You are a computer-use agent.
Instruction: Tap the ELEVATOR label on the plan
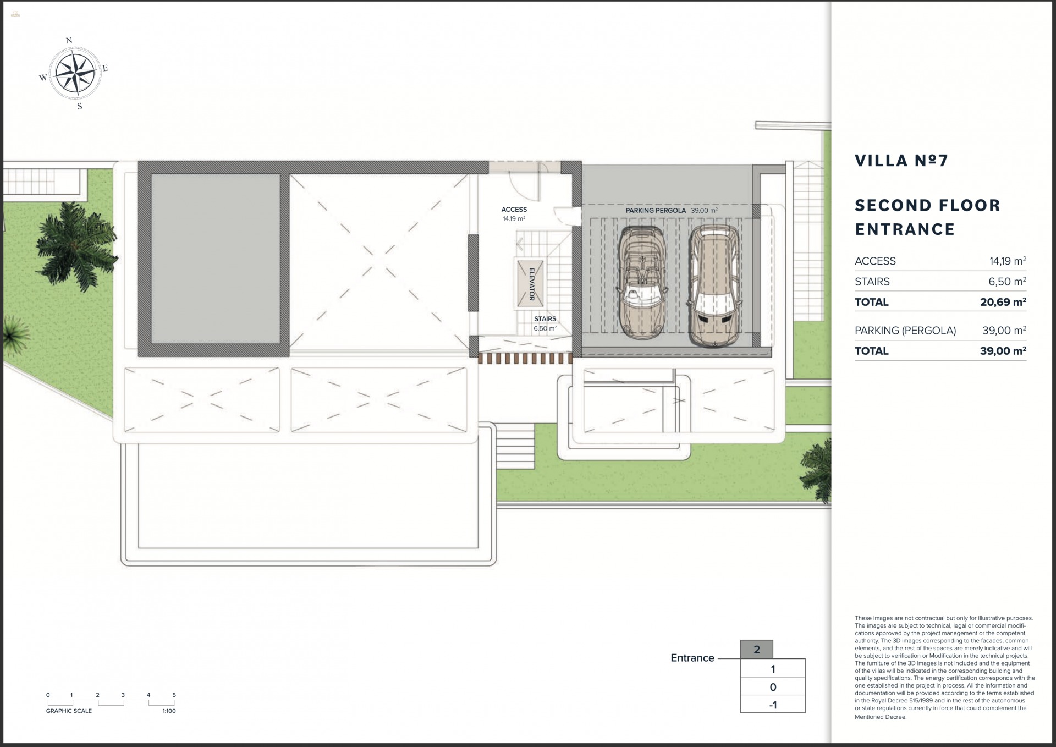(x=531, y=284)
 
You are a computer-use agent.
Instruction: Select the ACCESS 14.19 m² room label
(x=514, y=214)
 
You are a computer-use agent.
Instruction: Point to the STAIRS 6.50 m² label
(x=545, y=323)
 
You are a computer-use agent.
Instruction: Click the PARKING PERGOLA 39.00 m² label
(x=671, y=211)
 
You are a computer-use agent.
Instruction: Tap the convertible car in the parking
(x=642, y=282)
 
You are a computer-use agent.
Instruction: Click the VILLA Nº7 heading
(x=901, y=161)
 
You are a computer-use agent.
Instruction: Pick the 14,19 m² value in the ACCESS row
(x=1007, y=261)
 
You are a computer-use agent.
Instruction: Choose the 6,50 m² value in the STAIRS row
(x=1007, y=282)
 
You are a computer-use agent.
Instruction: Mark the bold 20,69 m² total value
(x=1003, y=302)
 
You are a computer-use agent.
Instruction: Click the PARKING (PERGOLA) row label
(x=905, y=331)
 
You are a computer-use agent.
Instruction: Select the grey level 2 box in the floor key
(x=756, y=650)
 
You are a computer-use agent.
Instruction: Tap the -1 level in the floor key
(x=773, y=705)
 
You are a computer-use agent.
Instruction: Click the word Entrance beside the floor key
(x=692, y=658)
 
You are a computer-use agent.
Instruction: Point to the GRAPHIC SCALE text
(x=69, y=711)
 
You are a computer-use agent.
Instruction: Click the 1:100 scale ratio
(x=169, y=711)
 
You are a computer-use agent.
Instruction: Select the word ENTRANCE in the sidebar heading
(x=905, y=229)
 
